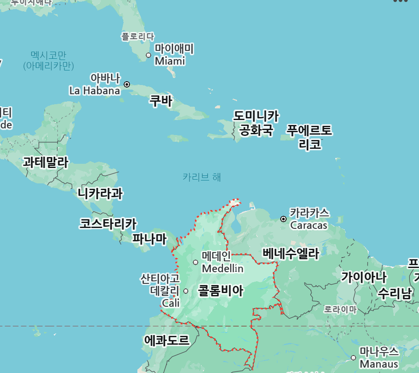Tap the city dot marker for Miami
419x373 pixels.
point(148,55)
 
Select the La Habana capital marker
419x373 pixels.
point(127,84)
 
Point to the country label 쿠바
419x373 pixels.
point(161,101)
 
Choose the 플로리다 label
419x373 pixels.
point(137,37)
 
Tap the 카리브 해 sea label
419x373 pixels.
point(202,177)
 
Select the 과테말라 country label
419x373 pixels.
point(45,162)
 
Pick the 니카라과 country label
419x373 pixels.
point(100,193)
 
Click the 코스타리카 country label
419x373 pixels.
point(108,224)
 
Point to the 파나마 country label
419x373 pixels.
point(149,239)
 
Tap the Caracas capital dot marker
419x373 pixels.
point(284,219)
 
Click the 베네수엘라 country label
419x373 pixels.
point(290,253)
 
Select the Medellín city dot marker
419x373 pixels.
point(196,262)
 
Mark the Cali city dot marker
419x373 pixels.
point(186,291)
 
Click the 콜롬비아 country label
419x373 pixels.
point(220,290)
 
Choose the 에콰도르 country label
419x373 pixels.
point(167,340)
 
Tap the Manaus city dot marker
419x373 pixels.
point(353,358)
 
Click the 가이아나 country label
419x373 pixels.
point(364,276)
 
